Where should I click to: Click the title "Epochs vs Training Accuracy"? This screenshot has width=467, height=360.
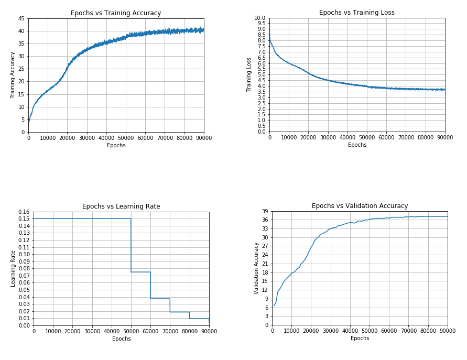pyautogui.click(x=116, y=13)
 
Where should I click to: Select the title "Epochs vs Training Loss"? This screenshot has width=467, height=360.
pyautogui.click(x=357, y=13)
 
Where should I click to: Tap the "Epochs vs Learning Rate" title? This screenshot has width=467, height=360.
pyautogui.click(x=121, y=206)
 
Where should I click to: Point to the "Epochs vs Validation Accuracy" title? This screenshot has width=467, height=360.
pyautogui.click(x=360, y=206)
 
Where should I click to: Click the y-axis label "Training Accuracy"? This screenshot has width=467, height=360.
pyautogui.click(x=13, y=75)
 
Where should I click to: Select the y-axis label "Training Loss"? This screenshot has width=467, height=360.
pyautogui.click(x=249, y=74)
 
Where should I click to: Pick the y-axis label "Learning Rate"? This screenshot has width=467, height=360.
pyautogui.click(x=13, y=268)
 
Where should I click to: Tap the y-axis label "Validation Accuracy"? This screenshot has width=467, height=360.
pyautogui.click(x=257, y=268)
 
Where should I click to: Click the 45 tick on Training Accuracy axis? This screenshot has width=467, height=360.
pyautogui.click(x=21, y=18)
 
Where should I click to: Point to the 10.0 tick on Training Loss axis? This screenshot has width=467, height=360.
pyautogui.click(x=260, y=18)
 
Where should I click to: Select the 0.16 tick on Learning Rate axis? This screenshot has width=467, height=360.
pyautogui.click(x=24, y=212)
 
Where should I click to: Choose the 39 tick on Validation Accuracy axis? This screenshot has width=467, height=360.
pyautogui.click(x=265, y=211)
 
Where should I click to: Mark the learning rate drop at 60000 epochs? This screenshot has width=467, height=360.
pyautogui.click(x=150, y=285)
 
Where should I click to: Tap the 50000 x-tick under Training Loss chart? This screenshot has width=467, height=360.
pyautogui.click(x=367, y=137)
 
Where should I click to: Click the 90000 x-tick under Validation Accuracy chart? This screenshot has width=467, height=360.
pyautogui.click(x=447, y=331)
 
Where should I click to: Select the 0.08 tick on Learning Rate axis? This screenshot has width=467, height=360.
pyautogui.click(x=24, y=268)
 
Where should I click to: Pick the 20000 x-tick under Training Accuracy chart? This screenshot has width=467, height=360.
pyautogui.click(x=67, y=138)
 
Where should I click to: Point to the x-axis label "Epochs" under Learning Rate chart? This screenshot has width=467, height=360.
pyautogui.click(x=121, y=339)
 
